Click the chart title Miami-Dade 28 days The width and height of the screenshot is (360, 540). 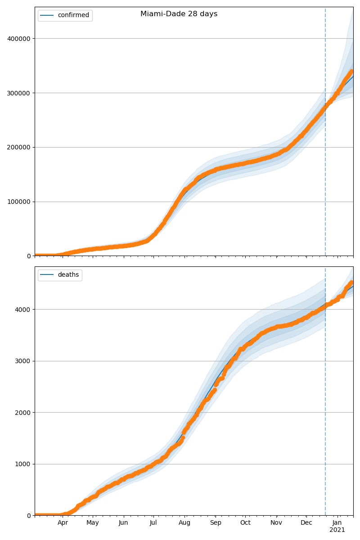tap(179, 14)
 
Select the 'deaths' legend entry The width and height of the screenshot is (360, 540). tap(68, 275)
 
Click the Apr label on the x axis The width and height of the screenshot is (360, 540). tap(63, 523)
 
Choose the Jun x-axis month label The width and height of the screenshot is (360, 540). tap(123, 523)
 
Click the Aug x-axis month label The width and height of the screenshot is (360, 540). tap(184, 523)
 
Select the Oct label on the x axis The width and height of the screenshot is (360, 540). tap(245, 523)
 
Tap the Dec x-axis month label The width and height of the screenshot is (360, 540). tap(306, 523)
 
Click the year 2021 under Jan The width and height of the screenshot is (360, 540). tap(337, 530)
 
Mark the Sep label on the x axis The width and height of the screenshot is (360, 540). tap(216, 523)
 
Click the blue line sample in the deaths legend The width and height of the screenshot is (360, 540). tap(47, 275)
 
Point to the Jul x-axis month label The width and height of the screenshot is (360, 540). tap(153, 523)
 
